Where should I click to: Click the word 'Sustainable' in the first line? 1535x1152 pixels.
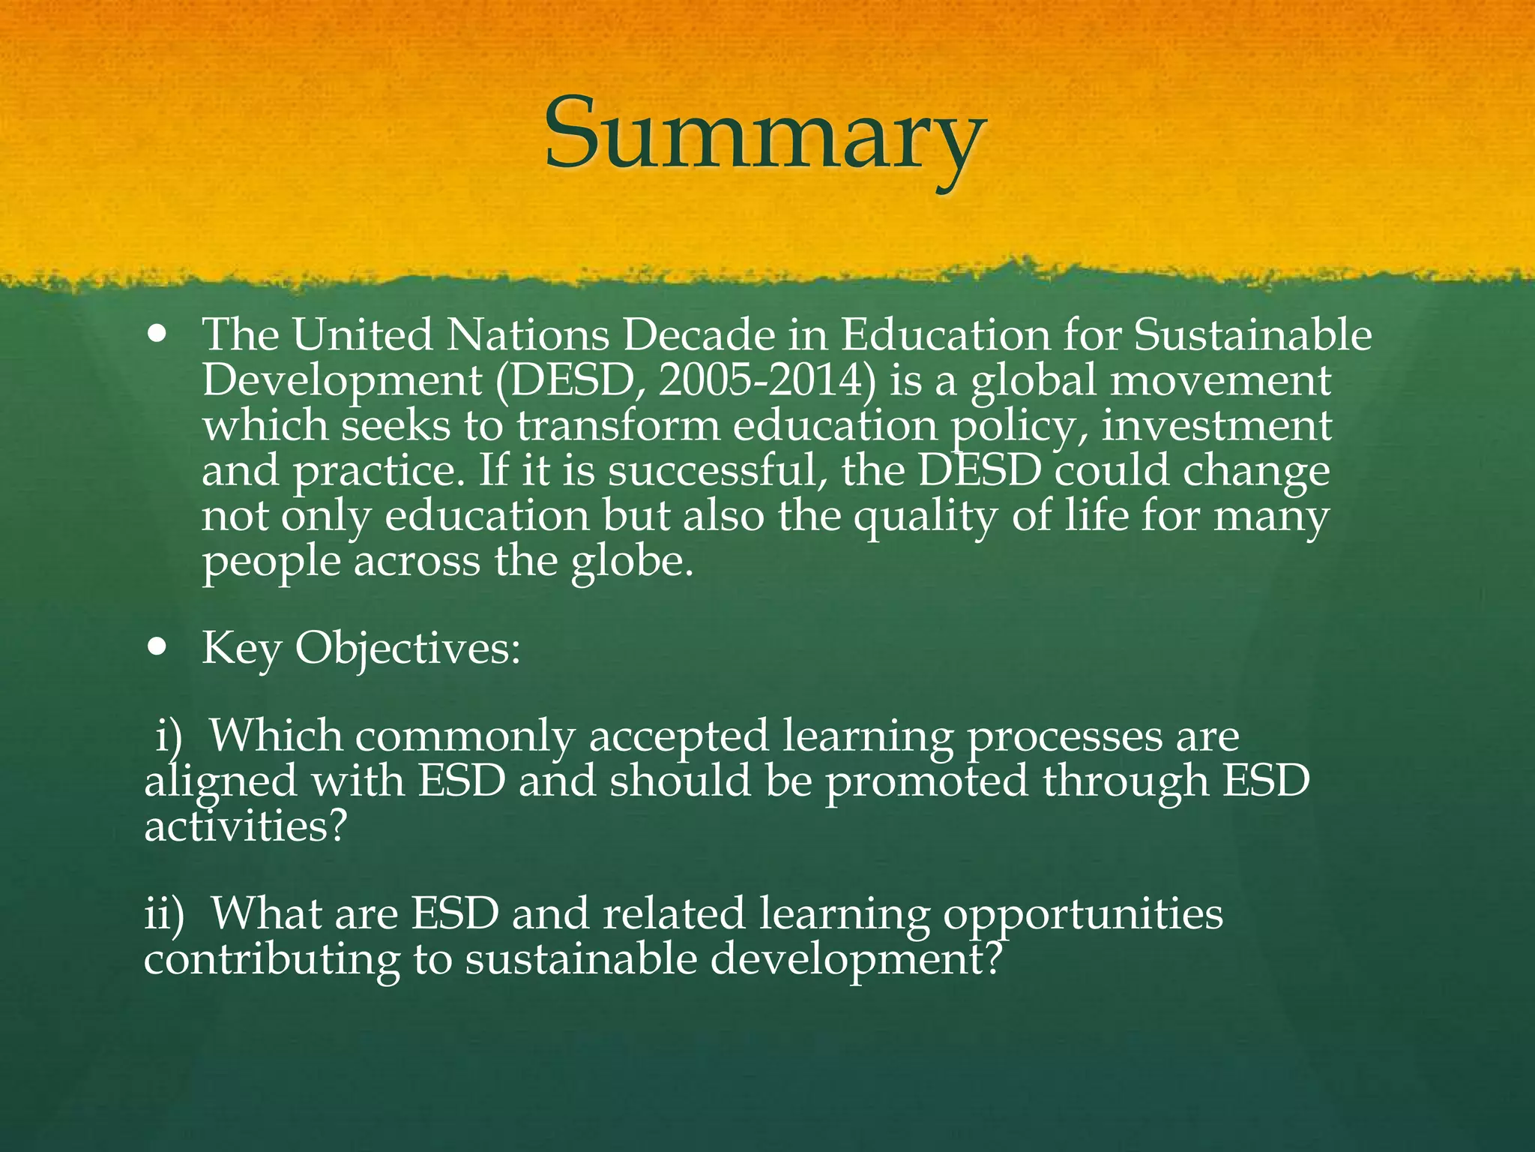pos(1252,334)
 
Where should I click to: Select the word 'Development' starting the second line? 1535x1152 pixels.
pos(342,380)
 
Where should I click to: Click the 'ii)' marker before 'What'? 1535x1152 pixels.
pos(164,914)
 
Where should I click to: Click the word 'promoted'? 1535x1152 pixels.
pos(926,781)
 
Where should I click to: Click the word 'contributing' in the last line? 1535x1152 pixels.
pos(271,959)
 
